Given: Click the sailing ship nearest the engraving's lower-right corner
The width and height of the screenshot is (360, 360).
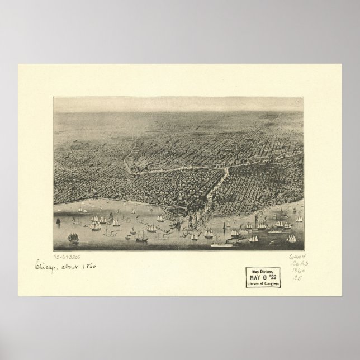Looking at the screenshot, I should (291, 238).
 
